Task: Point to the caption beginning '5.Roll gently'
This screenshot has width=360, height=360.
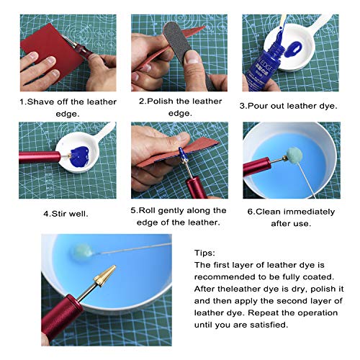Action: coord(179,216)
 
